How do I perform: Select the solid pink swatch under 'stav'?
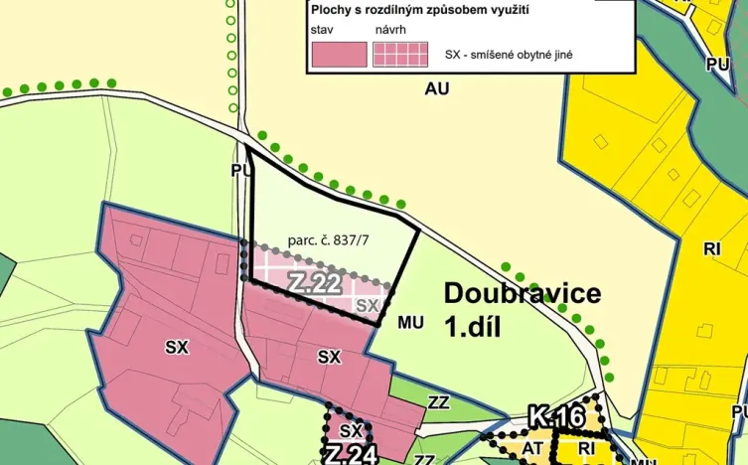pos(339,54)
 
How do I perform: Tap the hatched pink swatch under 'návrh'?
pos(400,54)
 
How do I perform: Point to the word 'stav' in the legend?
pos(323,31)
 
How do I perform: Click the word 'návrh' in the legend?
pos(391,31)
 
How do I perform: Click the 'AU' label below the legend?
pos(436,88)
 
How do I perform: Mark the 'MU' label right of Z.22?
pos(410,323)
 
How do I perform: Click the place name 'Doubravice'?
pos(523,293)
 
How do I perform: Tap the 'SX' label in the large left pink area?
pos(177,347)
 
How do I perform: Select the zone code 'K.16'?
pos(555,416)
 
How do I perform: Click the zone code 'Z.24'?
pos(349,455)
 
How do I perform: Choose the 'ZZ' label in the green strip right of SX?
pos(438,402)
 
